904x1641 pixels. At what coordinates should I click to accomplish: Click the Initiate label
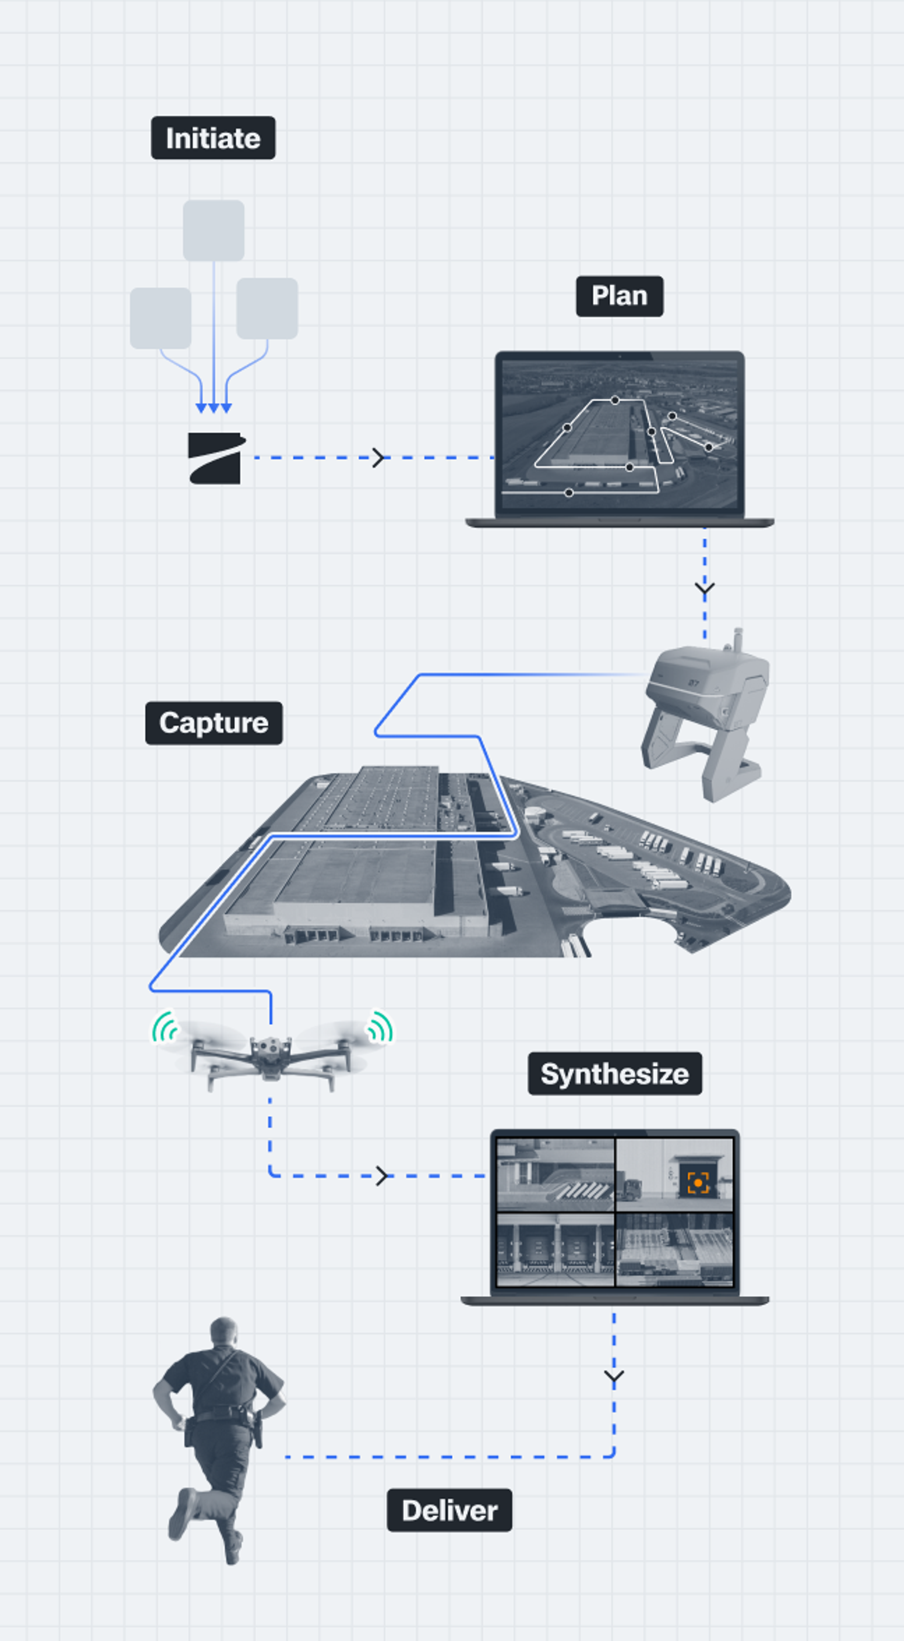(x=213, y=137)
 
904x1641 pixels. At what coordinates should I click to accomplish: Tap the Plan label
(x=619, y=296)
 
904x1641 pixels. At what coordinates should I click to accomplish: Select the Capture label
(x=213, y=723)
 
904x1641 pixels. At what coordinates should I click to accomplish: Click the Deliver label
(x=449, y=1510)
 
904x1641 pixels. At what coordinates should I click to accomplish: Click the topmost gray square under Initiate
(x=213, y=231)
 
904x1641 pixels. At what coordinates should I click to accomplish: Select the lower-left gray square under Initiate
(x=160, y=318)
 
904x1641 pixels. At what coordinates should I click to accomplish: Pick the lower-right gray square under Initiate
(x=267, y=308)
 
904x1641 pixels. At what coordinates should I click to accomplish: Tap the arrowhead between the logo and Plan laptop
(x=379, y=457)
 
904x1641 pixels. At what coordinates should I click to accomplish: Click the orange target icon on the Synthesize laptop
(x=698, y=1183)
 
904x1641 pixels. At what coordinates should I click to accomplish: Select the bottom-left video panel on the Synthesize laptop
(x=555, y=1249)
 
